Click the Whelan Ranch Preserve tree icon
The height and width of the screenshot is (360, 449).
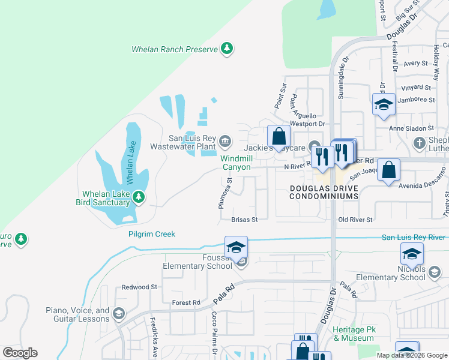(227, 48)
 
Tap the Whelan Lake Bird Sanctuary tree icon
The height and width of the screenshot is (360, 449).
(139, 197)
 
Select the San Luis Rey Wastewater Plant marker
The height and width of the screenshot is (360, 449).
(225, 141)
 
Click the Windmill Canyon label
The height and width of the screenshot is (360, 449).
(235, 163)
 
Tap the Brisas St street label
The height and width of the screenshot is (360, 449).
(244, 220)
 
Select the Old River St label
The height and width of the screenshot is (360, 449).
(355, 220)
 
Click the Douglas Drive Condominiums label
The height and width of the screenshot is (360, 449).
(324, 192)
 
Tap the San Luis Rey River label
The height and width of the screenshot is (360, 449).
(415, 238)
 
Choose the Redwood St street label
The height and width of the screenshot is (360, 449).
(139, 287)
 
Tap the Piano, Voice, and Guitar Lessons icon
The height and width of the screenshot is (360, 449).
(119, 314)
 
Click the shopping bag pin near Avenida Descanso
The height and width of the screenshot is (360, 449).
(390, 170)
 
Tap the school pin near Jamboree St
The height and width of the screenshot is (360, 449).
(384, 104)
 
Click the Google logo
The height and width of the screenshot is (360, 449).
(20, 353)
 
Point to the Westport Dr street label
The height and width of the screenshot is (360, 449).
(307, 124)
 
